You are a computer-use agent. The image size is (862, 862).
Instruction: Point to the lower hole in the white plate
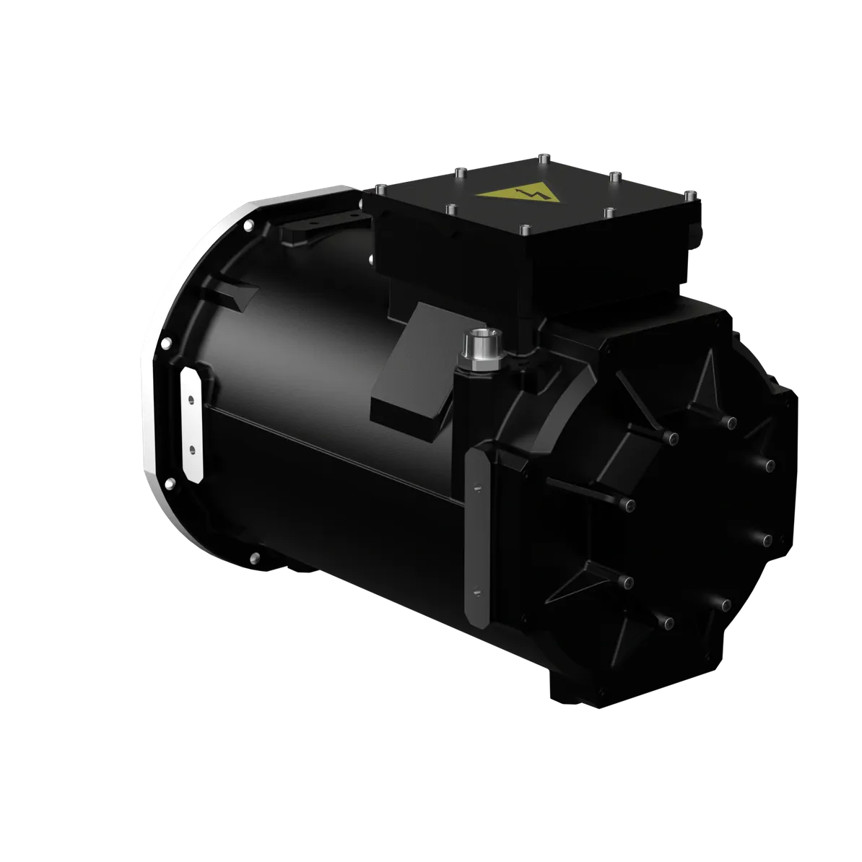191,448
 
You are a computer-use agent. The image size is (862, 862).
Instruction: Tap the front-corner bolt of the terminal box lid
525,230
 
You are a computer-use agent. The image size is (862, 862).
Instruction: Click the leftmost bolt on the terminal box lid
380,189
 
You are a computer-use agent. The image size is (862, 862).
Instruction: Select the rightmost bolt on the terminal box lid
691,194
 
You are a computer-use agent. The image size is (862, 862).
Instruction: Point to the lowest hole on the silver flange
254,557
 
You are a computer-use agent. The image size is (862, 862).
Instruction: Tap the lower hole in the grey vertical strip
476,592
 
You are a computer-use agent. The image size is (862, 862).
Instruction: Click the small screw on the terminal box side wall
370,258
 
